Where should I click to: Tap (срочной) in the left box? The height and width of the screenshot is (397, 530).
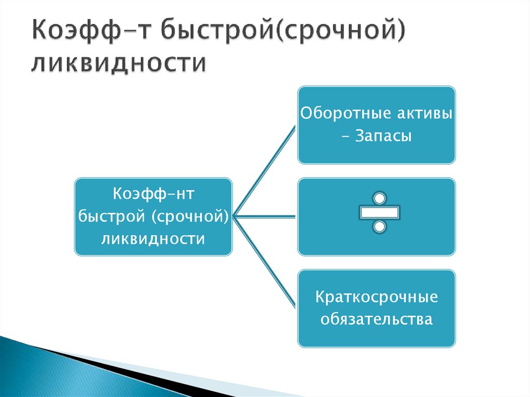pos(190,217)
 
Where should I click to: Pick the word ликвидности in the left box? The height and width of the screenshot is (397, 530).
pos(153,239)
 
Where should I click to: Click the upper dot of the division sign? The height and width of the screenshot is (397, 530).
pos(379,198)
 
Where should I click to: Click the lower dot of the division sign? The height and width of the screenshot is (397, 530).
pos(379,227)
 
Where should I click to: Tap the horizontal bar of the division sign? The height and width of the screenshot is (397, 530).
pos(379,212)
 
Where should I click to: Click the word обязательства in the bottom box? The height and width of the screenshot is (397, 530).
pos(376,319)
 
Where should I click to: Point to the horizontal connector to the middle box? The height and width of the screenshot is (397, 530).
pos(265,216)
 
